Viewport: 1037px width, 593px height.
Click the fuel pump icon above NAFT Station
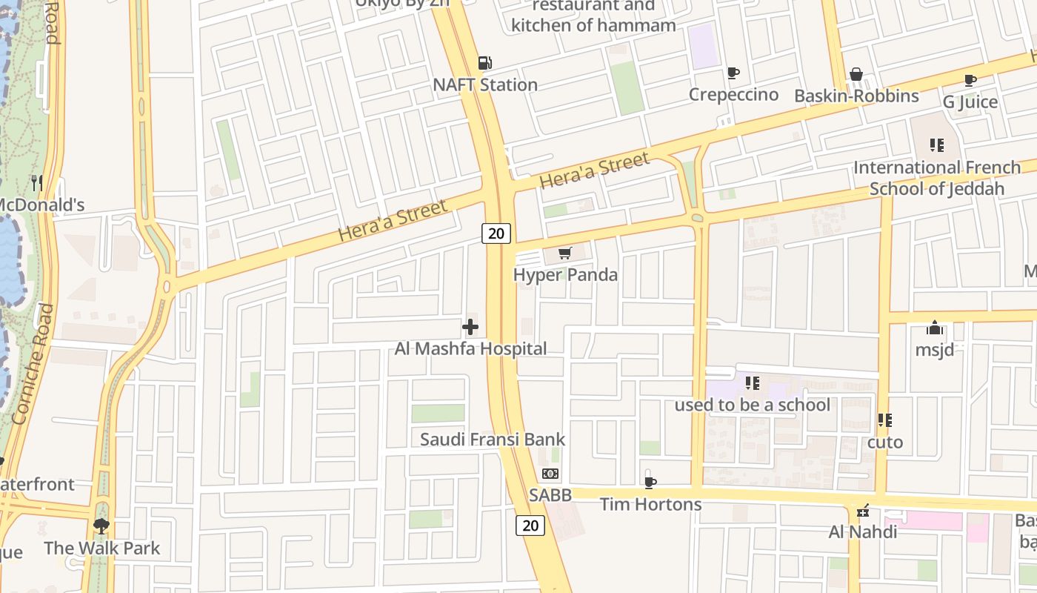(x=484, y=64)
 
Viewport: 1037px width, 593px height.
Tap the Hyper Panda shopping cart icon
(x=565, y=254)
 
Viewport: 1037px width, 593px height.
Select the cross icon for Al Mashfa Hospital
(x=470, y=327)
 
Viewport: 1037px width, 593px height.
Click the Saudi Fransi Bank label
(x=493, y=439)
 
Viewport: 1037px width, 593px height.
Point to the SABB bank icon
(x=550, y=473)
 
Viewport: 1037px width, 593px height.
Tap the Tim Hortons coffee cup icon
(x=650, y=483)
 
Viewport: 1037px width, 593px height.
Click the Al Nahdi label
(x=863, y=531)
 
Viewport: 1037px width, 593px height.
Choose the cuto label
(x=885, y=443)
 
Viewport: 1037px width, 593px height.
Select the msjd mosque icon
(x=935, y=328)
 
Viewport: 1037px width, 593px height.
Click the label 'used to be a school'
(x=752, y=405)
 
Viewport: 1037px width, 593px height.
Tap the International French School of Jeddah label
(x=937, y=178)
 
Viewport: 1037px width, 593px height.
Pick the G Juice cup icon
(x=970, y=80)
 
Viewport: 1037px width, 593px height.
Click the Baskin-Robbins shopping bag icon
(x=856, y=74)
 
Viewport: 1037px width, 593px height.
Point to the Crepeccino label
(x=733, y=94)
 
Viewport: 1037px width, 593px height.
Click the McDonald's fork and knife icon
(x=37, y=182)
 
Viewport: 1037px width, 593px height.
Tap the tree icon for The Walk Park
(x=101, y=526)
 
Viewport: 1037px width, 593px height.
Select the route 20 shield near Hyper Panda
(x=496, y=233)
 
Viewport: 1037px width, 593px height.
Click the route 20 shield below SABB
(x=530, y=526)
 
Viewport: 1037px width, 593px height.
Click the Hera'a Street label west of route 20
(x=393, y=220)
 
